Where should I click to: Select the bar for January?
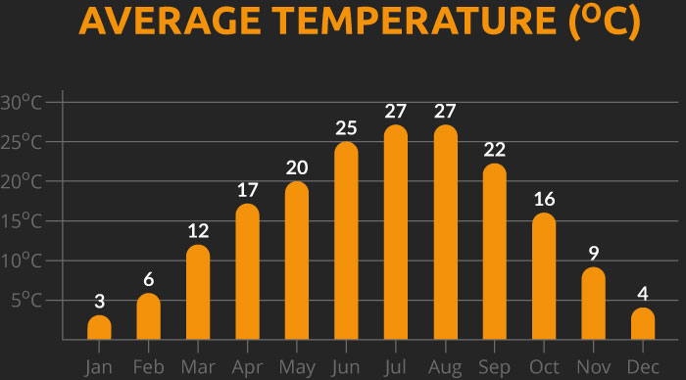point(99,328)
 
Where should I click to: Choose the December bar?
point(643,324)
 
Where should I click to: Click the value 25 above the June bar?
point(346,128)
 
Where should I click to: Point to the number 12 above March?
point(198,231)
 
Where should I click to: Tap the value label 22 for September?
point(495,150)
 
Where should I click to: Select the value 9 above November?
point(594,254)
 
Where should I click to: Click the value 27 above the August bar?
point(446,111)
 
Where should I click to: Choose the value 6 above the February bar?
point(149,279)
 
